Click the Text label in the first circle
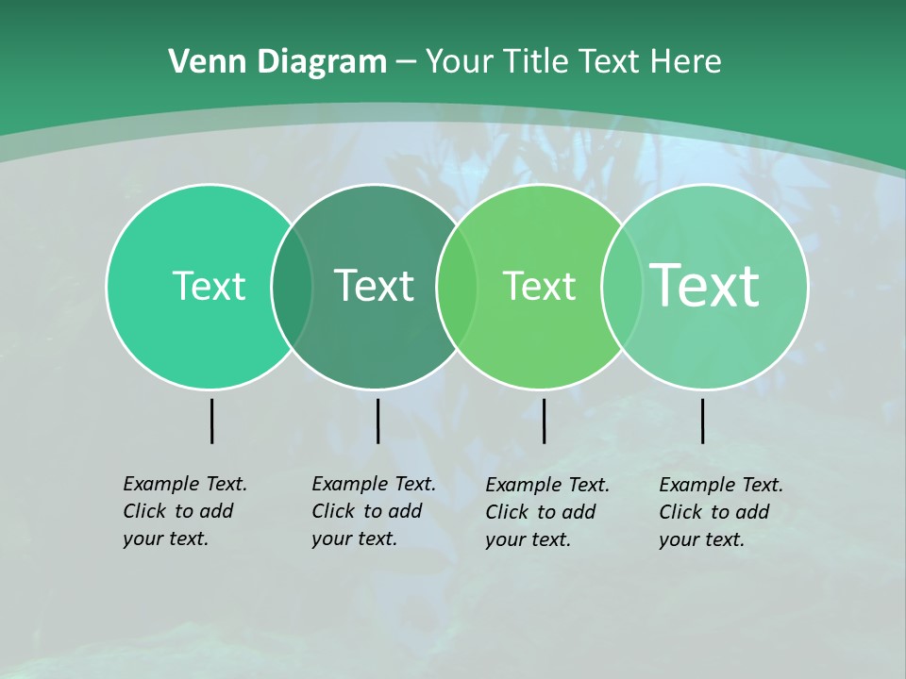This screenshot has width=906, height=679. (x=209, y=286)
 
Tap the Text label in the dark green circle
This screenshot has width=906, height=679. (x=375, y=286)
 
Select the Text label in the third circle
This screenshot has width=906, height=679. (x=539, y=286)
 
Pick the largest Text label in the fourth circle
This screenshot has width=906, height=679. (x=705, y=285)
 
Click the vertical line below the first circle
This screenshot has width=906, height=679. (x=211, y=421)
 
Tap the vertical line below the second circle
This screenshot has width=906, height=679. (x=377, y=421)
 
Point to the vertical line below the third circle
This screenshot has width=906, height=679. (x=544, y=421)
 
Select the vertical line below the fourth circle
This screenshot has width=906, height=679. (x=703, y=421)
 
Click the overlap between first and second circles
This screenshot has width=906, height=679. (x=292, y=287)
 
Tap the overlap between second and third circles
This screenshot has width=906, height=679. (x=457, y=287)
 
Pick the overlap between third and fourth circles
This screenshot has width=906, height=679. (x=622, y=287)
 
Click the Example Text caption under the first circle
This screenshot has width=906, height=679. (x=185, y=511)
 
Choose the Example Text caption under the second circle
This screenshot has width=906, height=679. (x=374, y=511)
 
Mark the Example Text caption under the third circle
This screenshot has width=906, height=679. (x=547, y=512)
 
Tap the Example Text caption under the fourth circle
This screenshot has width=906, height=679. (x=721, y=512)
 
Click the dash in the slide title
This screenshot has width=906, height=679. (x=406, y=62)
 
